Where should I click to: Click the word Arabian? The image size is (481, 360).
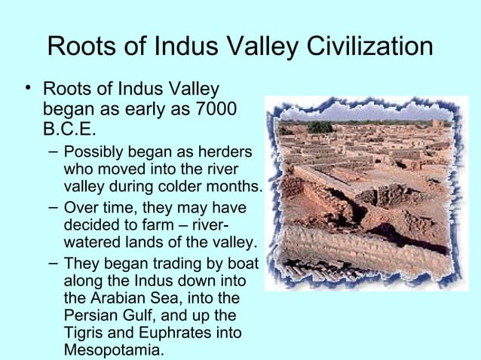[120, 299]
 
